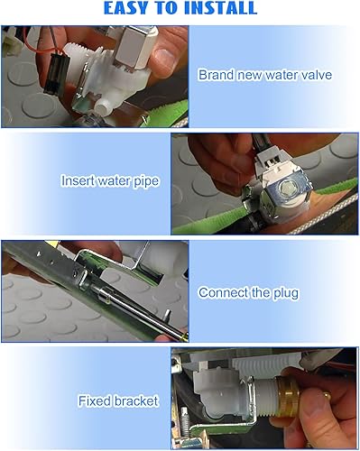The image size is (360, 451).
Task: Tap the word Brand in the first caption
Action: click(x=216, y=75)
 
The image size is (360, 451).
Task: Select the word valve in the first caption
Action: click(x=312, y=75)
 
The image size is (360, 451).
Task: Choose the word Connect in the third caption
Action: click(x=225, y=292)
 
